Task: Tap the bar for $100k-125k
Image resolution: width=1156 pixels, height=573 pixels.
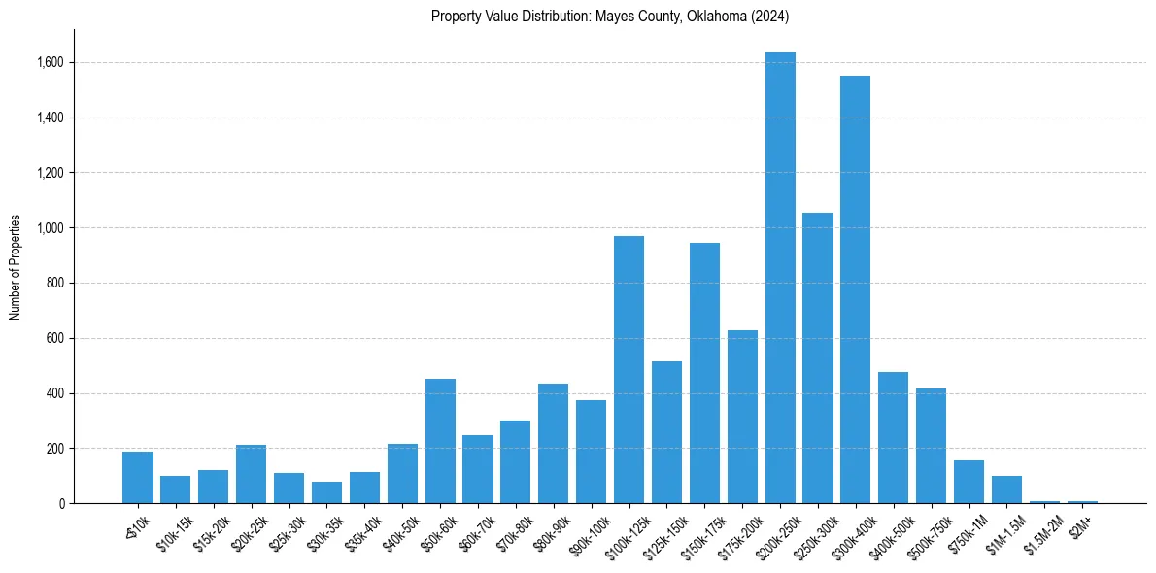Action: pyautogui.click(x=629, y=370)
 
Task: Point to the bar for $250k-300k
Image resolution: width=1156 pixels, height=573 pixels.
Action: pyautogui.click(x=818, y=358)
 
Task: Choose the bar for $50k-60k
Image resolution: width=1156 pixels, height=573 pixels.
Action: pyautogui.click(x=440, y=441)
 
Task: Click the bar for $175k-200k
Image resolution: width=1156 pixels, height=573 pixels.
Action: pyautogui.click(x=742, y=417)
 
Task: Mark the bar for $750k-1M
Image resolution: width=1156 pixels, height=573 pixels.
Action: pyautogui.click(x=969, y=482)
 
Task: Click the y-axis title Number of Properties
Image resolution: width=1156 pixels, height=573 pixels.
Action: pyautogui.click(x=16, y=267)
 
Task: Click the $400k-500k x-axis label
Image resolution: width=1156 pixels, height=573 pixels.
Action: pyautogui.click(x=887, y=530)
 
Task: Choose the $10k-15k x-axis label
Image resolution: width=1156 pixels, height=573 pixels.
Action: pyautogui.click(x=170, y=529)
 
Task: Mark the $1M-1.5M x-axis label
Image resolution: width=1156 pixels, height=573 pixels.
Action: pyautogui.click(x=1002, y=530)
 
